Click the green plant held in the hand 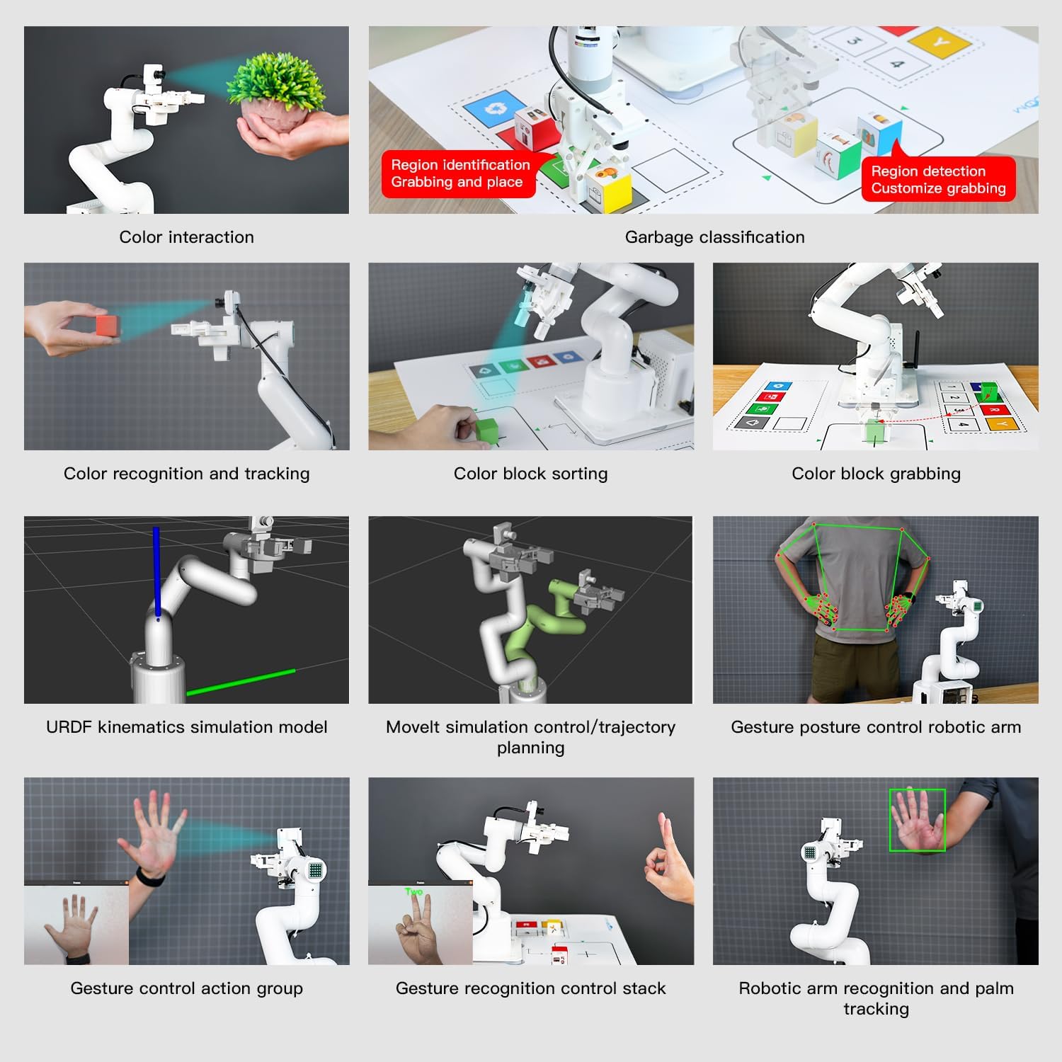(277, 81)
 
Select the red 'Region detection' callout (938, 178)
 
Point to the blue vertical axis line (156, 573)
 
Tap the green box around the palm (918, 820)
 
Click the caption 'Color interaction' (186, 237)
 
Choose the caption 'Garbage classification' (714, 237)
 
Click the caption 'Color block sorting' (530, 474)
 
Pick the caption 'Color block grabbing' (876, 474)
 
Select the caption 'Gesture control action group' (186, 988)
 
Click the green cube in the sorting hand (486, 429)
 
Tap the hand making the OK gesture (669, 860)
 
